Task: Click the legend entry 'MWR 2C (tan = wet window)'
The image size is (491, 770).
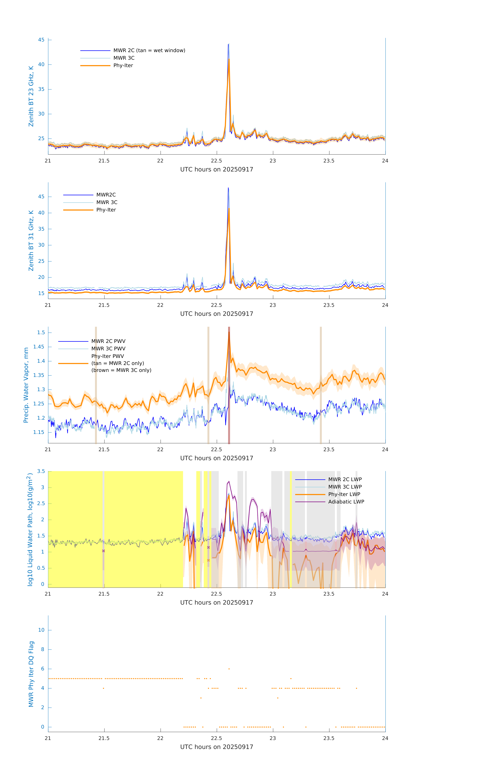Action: (149, 51)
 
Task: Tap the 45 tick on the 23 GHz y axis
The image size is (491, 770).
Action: (41, 40)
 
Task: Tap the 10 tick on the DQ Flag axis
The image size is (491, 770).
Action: (41, 630)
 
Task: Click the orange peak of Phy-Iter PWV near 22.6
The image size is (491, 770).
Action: (229, 333)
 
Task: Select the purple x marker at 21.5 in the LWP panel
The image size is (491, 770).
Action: (103, 551)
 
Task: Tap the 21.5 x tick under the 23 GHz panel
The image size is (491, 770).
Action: (104, 161)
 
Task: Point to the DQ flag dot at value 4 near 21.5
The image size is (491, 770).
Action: (103, 688)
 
